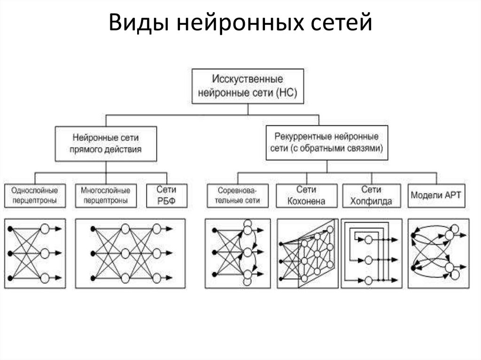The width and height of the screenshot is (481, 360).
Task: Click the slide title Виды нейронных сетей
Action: (x=240, y=23)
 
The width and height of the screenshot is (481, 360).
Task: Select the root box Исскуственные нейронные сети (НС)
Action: (x=248, y=86)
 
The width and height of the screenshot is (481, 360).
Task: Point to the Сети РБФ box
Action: (x=167, y=196)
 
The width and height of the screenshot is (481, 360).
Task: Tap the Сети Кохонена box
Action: (x=306, y=196)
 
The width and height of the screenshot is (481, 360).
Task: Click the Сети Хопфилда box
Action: (x=372, y=196)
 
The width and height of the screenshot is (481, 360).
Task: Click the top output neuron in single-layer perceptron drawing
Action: (x=45, y=229)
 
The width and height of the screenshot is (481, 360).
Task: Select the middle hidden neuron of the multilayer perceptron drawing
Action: (x=125, y=253)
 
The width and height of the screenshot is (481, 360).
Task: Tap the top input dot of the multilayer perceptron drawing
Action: (x=93, y=229)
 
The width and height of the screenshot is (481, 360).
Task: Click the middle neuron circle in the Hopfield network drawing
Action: (x=368, y=260)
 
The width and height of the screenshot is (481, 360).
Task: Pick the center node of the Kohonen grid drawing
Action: (x=317, y=254)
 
